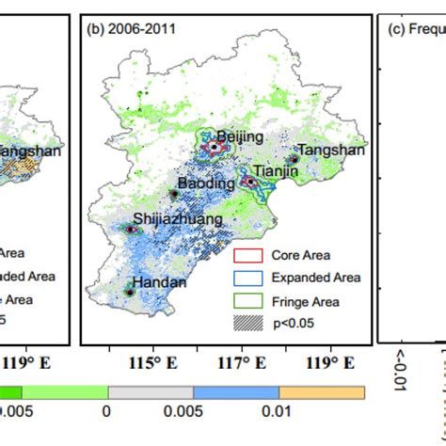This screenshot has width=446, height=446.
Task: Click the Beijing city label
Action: point(240,136)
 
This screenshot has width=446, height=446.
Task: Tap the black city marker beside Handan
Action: point(131,293)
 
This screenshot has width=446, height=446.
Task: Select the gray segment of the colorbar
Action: point(151,392)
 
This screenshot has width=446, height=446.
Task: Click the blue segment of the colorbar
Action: point(236,392)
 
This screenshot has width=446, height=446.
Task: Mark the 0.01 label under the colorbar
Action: point(279,412)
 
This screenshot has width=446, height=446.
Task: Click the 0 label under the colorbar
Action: point(106,412)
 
